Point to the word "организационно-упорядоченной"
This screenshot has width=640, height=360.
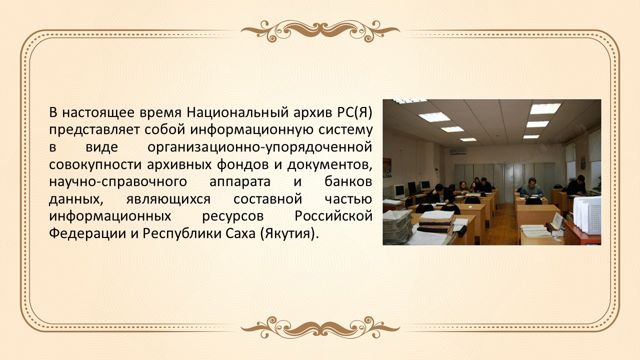tap(259, 147)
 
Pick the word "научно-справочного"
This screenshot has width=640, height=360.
tap(118, 182)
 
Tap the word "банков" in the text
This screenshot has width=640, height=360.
tap(348, 181)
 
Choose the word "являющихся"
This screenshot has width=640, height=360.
tap(168, 199)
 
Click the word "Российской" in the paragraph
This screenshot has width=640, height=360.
tap(333, 216)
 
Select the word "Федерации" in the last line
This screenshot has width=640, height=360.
tap(87, 233)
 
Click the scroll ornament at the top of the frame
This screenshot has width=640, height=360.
tap(320, 31)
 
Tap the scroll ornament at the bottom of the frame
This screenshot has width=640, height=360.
tap(320, 327)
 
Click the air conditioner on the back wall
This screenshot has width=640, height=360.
tap(457, 151)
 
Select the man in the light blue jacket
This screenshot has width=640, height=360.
tap(531, 188)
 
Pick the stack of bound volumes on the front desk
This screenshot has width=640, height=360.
tap(436, 221)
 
